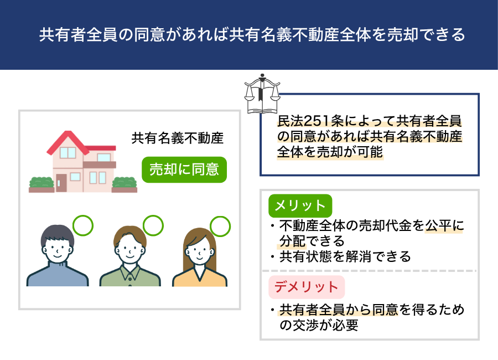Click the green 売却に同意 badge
(x=184, y=169)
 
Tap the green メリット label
(x=300, y=205)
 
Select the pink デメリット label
(x=307, y=287)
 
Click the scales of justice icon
(x=262, y=94)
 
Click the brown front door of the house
(x=61, y=183)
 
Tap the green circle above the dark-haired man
(x=83, y=225)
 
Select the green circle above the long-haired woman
(x=220, y=227)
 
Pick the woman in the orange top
(x=200, y=258)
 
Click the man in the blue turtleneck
(x=58, y=255)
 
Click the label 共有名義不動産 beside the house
(x=178, y=138)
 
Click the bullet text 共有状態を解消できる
(x=345, y=256)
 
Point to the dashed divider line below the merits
(x=370, y=271)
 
